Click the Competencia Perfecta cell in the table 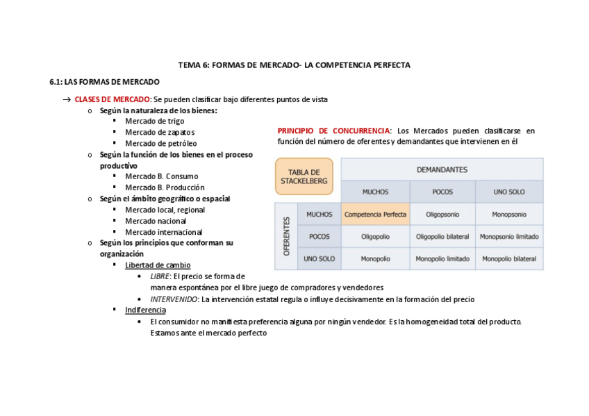click(375, 215)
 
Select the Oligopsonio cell click(442, 215)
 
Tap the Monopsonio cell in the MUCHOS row click(508, 215)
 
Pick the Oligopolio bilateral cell click(442, 237)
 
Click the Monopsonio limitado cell click(508, 237)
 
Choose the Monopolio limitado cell click(442, 259)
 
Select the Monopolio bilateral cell click(508, 259)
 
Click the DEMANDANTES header click(442, 169)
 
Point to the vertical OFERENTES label click(286, 236)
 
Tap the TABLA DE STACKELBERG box click(304, 176)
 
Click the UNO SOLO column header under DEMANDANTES click(508, 192)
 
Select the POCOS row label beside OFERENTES click(319, 237)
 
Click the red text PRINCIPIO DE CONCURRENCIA click(334, 131)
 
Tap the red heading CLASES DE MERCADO click(112, 99)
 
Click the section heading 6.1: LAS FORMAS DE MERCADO click(104, 82)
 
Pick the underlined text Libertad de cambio click(158, 265)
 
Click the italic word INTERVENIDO click(174, 299)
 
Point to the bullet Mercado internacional click(163, 232)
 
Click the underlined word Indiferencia click(145, 310)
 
